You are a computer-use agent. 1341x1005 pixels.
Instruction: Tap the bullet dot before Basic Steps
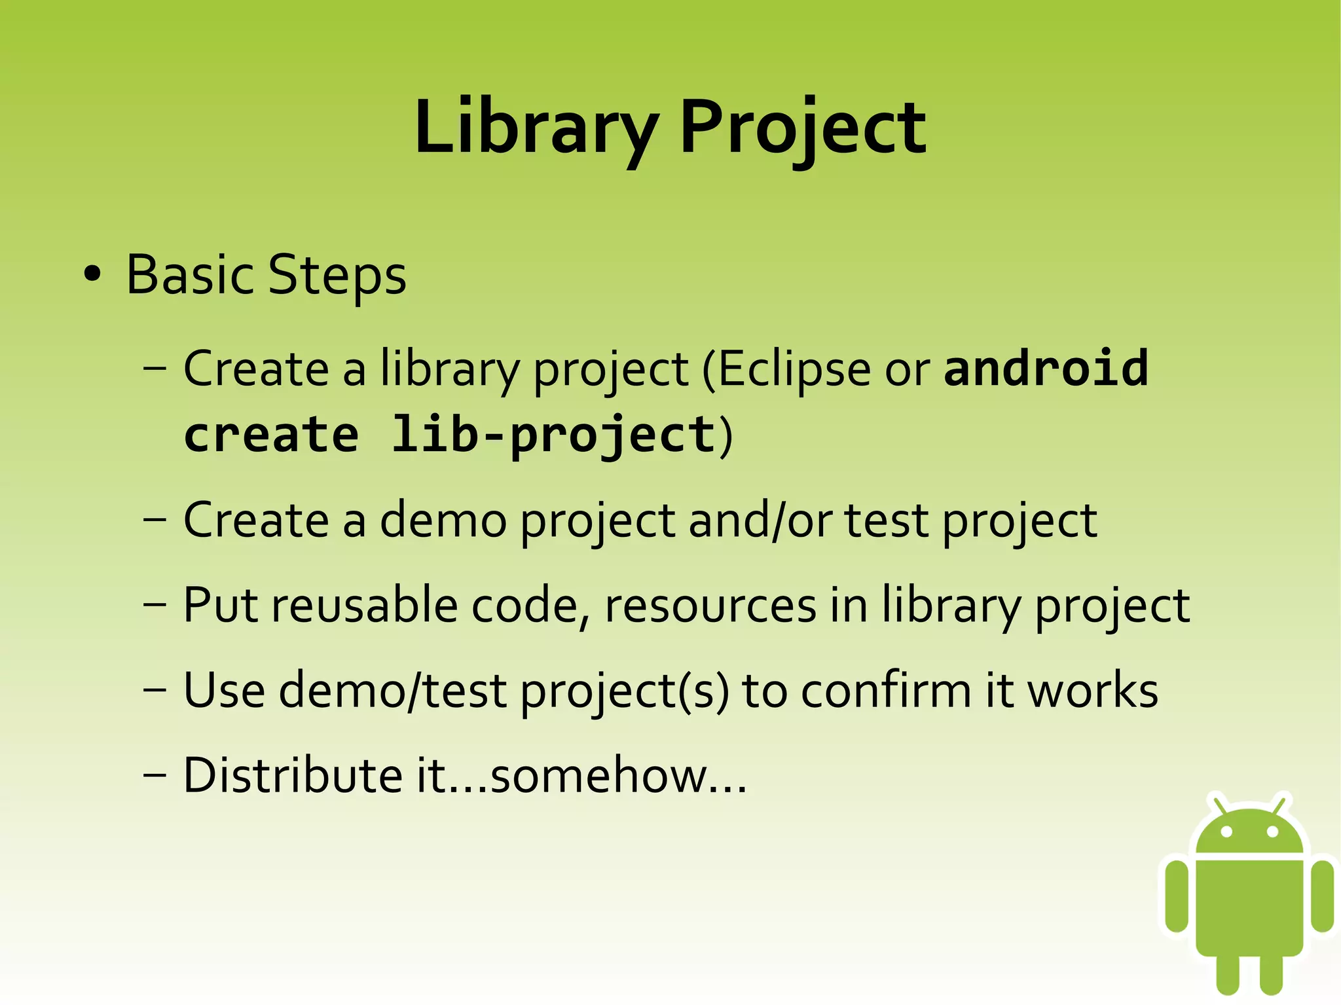point(93,274)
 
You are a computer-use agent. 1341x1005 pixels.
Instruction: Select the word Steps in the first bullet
point(337,276)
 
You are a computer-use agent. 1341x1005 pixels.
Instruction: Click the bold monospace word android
point(1046,368)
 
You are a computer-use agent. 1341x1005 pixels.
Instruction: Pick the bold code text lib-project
point(554,435)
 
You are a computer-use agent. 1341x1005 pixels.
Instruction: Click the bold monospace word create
point(271,435)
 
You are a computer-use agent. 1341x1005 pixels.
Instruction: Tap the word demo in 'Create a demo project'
point(443,521)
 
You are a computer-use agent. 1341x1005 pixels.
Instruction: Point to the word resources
point(710,606)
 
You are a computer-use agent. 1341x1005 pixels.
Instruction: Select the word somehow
point(599,775)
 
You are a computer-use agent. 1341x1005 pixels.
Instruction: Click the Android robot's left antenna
point(1219,805)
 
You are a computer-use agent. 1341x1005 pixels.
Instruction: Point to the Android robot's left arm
point(1177,895)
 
